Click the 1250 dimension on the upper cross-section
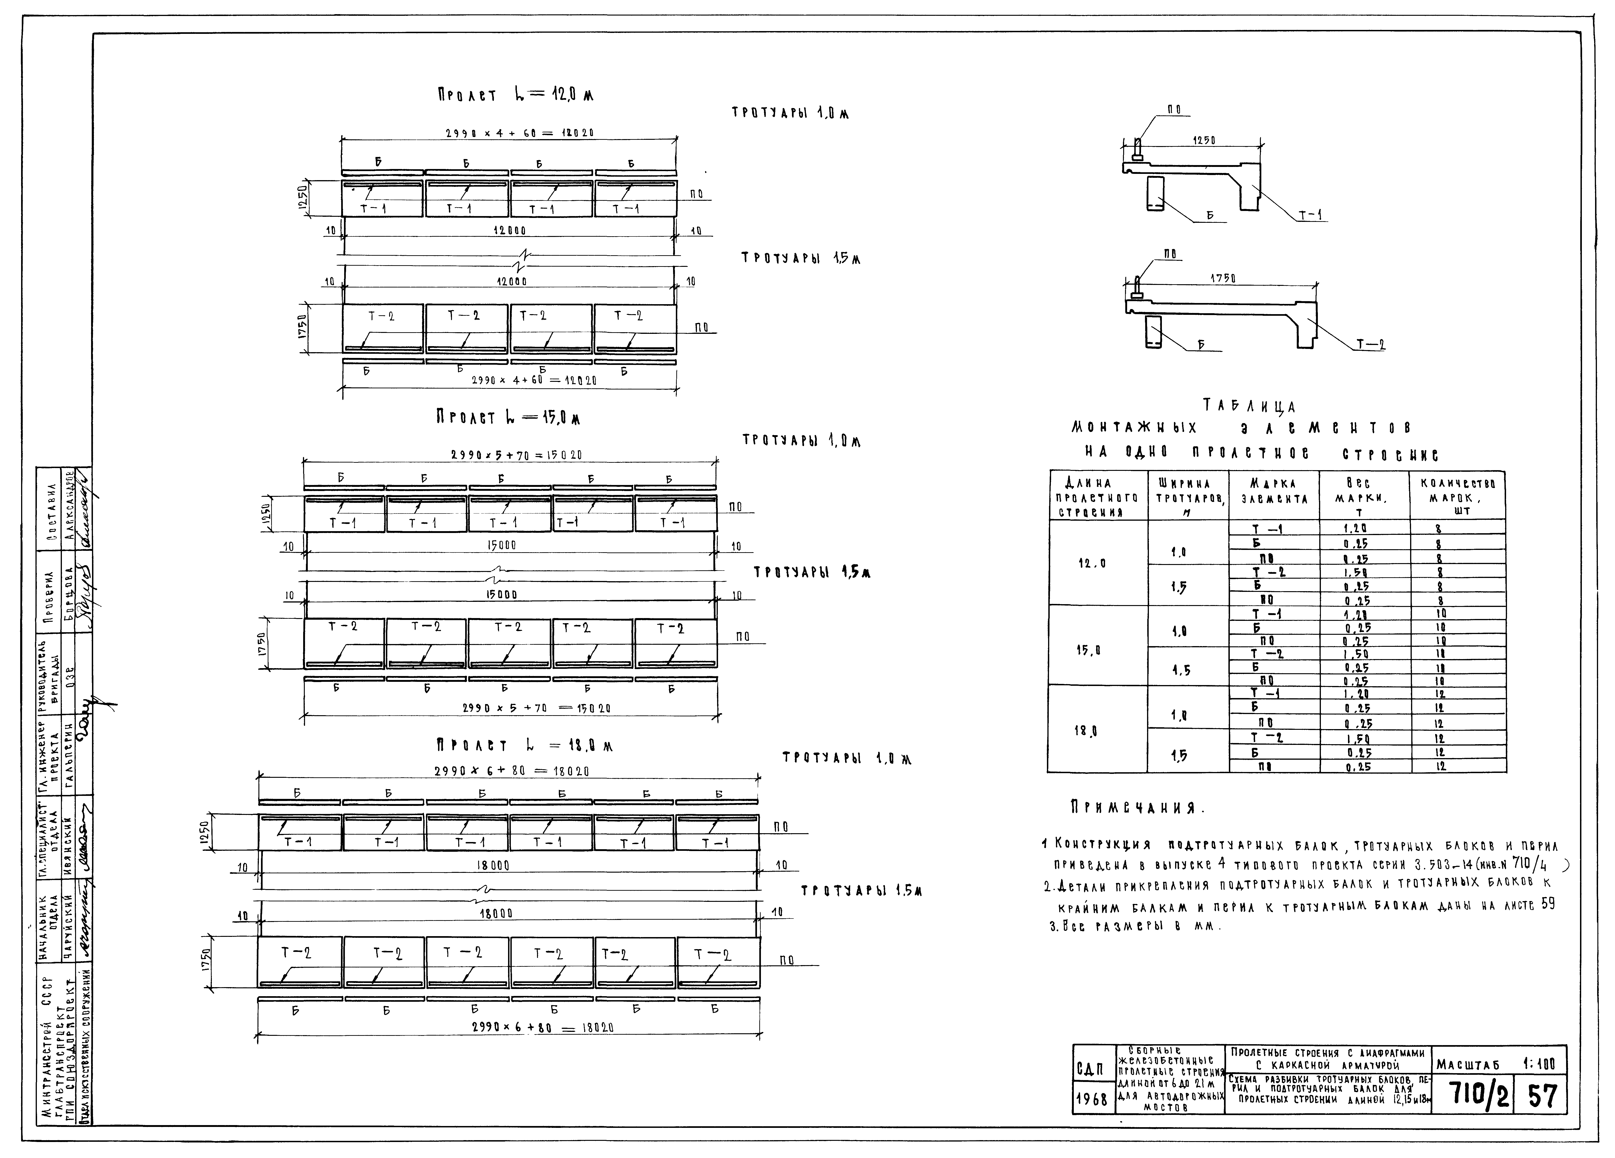1203,141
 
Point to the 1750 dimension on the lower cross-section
1223,278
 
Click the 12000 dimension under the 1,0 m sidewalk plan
509,231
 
